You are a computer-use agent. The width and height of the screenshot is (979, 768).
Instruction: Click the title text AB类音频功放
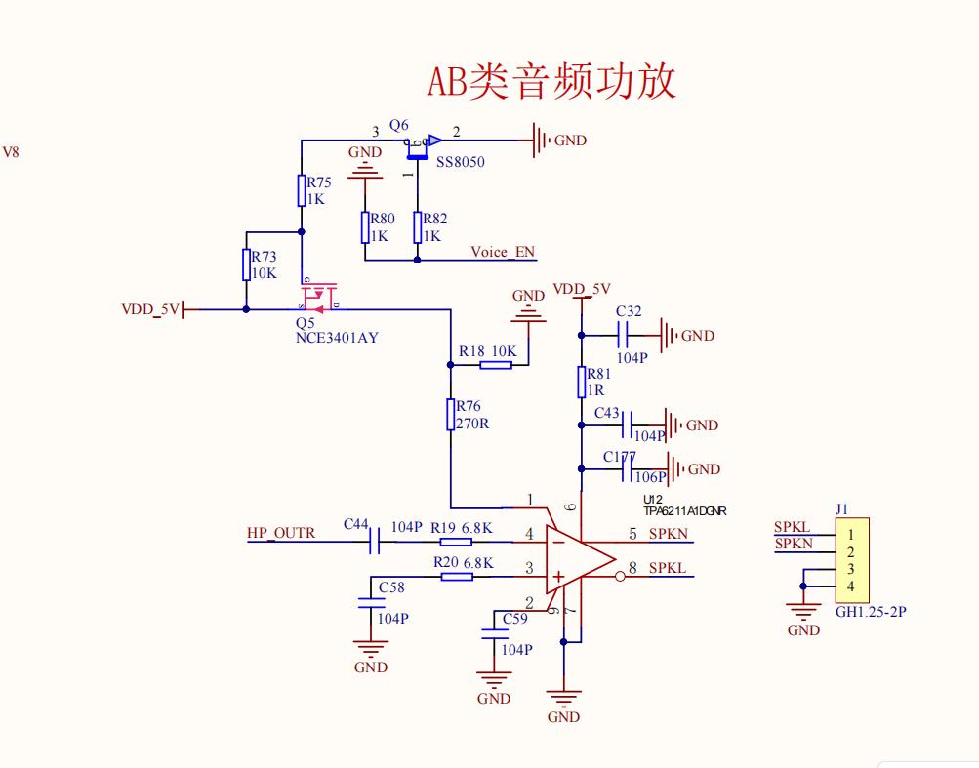coord(551,82)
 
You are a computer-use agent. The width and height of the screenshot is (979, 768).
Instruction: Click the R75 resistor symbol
coord(302,190)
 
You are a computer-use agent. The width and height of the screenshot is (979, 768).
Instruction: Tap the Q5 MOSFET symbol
coord(318,296)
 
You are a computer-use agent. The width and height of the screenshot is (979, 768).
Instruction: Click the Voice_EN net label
coord(503,252)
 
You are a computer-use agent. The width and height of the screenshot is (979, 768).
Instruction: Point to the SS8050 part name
coord(460,162)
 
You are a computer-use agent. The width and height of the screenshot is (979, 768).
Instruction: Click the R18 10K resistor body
coord(496,365)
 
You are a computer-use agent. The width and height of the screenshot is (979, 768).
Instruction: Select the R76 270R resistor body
coord(451,414)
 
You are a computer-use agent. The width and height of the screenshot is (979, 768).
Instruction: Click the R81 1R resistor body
coord(582,383)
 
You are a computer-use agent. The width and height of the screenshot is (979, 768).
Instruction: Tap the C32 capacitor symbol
coord(623,336)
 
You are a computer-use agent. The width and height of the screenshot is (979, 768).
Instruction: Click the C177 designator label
coord(620,456)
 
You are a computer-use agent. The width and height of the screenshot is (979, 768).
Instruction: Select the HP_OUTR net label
coord(281,533)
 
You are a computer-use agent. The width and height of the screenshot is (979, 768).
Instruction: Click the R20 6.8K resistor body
coord(457,576)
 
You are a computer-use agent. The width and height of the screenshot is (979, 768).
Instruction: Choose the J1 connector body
coord(851,560)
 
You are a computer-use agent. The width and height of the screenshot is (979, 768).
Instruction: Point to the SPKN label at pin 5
coord(669,534)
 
